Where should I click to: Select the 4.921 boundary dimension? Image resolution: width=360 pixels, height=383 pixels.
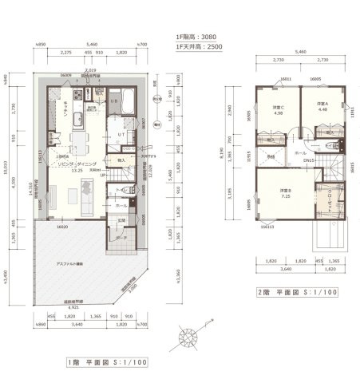pyautogui.click(x=72, y=306)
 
